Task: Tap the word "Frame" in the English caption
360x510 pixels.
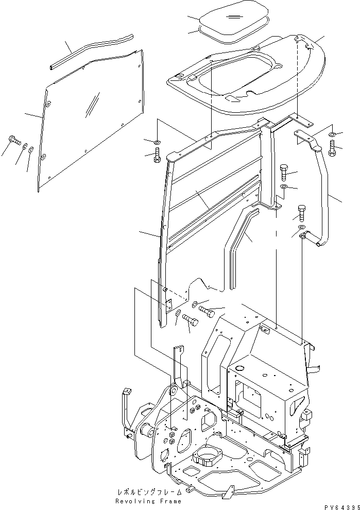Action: (169, 500)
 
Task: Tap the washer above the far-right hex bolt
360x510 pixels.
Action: (332, 135)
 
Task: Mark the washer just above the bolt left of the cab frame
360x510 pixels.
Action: (156, 141)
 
